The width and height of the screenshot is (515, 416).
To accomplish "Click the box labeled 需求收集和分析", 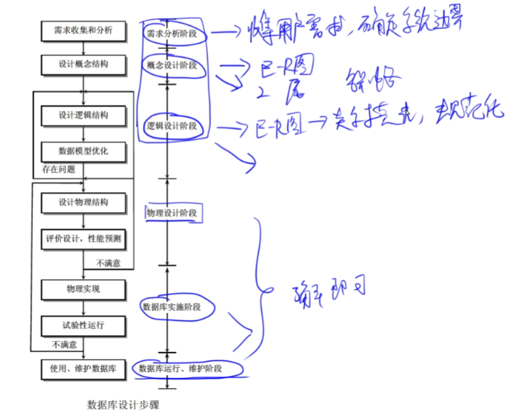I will (x=83, y=31).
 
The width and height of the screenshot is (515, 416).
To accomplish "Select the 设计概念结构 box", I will (x=83, y=65).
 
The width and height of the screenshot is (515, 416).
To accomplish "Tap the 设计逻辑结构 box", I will (x=83, y=115).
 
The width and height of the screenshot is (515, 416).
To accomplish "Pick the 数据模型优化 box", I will (x=83, y=151).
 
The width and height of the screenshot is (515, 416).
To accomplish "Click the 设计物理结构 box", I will (x=83, y=202).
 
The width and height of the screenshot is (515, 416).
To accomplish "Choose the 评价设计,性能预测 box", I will (x=83, y=238).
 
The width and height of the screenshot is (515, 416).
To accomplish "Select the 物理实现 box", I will (x=83, y=290).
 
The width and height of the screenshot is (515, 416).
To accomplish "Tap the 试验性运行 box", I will (x=83, y=326).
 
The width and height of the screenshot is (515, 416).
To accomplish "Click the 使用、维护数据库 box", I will (x=83, y=369).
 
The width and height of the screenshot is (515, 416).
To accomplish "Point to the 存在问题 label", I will (x=58, y=169).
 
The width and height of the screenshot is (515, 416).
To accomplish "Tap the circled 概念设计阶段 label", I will (x=172, y=65).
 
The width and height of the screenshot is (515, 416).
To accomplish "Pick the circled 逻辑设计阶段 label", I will (x=172, y=125).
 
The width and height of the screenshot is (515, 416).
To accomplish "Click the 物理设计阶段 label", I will (x=172, y=213).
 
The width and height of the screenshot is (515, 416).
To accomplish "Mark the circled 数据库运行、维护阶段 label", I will (x=181, y=369).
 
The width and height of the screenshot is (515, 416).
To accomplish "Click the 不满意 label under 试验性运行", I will (x=65, y=344).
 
